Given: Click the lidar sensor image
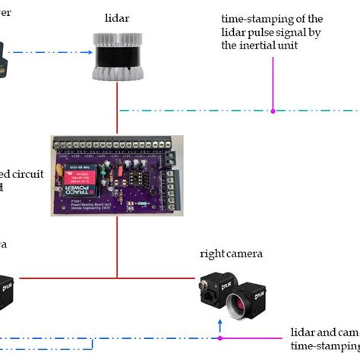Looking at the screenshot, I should pos(117,57).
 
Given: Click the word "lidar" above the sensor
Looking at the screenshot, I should pos(117,17).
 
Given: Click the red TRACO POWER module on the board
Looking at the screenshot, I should pos(77,175).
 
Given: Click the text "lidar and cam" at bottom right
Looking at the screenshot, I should pos(324,333).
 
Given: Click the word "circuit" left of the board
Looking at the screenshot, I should pos(30,173).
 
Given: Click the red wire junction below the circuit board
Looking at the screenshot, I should pos(117,276).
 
